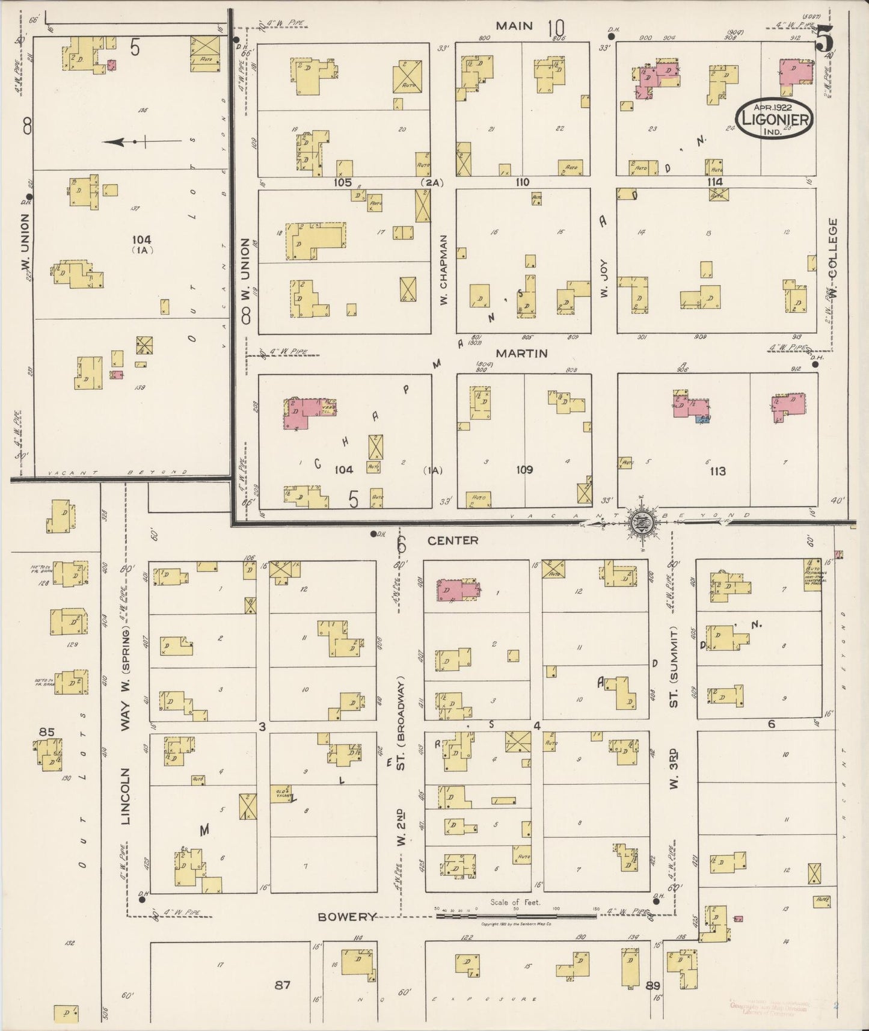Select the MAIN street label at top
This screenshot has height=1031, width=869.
coord(514,25)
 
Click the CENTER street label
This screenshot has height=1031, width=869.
coord(453,540)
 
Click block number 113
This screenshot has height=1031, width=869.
coord(717,471)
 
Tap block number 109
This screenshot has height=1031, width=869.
coord(524,469)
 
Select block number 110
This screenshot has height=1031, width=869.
coord(521,182)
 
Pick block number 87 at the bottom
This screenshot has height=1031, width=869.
coord(283,985)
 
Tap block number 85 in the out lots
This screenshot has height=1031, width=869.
coord(46,732)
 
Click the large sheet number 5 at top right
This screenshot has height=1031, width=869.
coord(825,40)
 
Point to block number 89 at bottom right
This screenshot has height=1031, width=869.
coord(654,985)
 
